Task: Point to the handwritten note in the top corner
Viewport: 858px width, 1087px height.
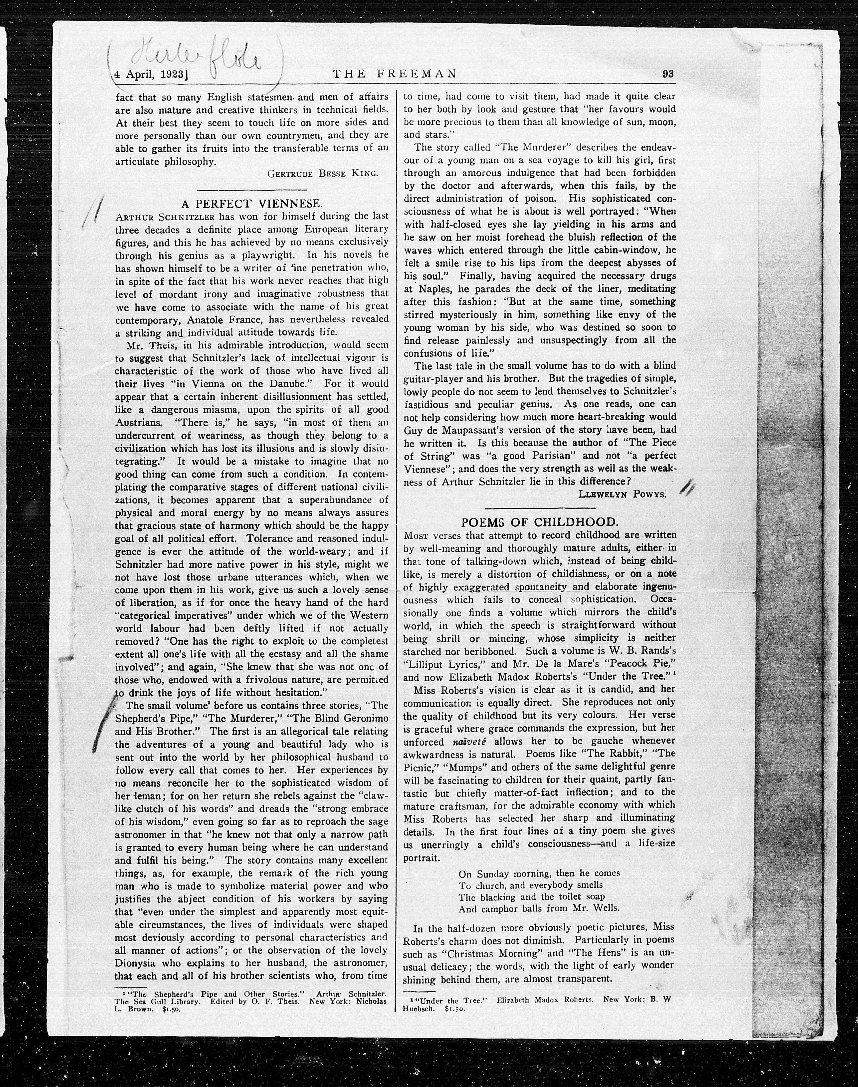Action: point(196,63)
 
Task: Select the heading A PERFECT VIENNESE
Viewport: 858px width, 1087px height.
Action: point(251,204)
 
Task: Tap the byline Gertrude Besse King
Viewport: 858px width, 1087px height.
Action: point(323,174)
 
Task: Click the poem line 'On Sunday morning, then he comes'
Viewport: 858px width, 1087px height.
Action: point(539,873)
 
